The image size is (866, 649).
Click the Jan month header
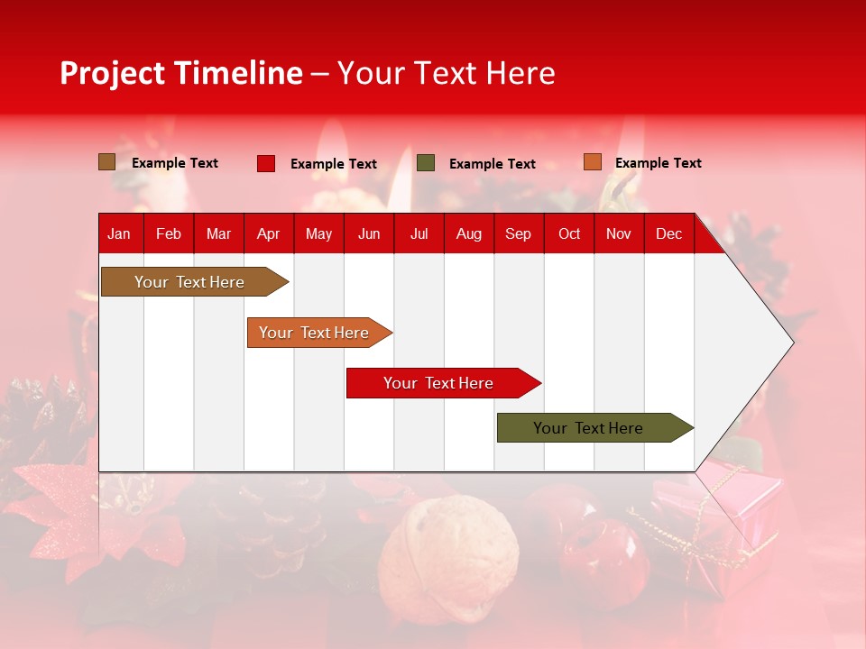pyautogui.click(x=120, y=233)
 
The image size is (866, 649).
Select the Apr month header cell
pyautogui.click(x=269, y=233)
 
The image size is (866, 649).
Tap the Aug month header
pyautogui.click(x=469, y=233)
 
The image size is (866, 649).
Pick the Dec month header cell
pyautogui.click(x=669, y=233)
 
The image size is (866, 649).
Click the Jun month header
pyautogui.click(x=369, y=233)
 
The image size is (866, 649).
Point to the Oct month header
pyautogui.click(x=569, y=233)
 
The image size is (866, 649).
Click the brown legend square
pyautogui.click(x=107, y=162)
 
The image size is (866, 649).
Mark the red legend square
pyautogui.click(x=266, y=163)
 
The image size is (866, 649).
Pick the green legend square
pyautogui.click(x=426, y=163)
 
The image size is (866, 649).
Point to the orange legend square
pyautogui.click(x=593, y=162)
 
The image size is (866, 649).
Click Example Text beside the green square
pyautogui.click(x=492, y=164)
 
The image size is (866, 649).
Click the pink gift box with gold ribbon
pyautogui.click(x=722, y=514)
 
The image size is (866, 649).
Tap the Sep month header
pyautogui.click(x=519, y=233)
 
